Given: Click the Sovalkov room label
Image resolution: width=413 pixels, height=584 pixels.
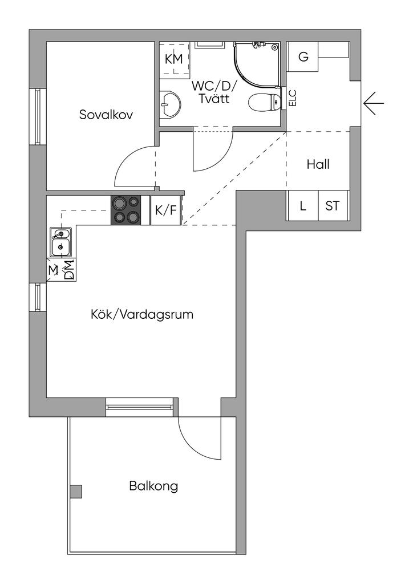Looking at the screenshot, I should tap(106, 115).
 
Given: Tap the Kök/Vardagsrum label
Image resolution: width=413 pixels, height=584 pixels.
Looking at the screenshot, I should tap(143, 314).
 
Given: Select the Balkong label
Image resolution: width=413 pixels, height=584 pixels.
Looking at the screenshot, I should tap(153, 486).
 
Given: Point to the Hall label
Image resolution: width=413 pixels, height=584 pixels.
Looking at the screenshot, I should tap(318, 164).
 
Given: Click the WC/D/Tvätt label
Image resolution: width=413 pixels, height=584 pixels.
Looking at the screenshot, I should tap(214, 92).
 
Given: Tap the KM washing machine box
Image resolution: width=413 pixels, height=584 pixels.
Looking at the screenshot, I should tap(173, 58).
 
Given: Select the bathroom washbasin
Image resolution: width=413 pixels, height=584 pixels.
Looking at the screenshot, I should tap(169, 103).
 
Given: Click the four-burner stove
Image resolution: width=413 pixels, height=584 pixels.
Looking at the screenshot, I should tap(127, 210).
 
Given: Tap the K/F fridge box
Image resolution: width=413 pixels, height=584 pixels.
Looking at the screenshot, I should tap(165, 210).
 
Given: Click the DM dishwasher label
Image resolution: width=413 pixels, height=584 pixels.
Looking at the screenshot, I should tap(69, 270).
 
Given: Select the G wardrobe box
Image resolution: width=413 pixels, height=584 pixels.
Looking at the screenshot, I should tap(303, 56).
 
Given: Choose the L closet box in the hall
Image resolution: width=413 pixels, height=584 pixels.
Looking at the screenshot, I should tap(303, 205).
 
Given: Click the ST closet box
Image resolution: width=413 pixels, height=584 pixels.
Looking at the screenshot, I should tap(332, 205).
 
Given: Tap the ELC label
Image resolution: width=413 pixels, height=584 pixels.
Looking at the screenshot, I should tap(293, 99).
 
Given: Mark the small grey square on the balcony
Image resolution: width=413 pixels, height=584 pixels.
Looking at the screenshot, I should tap(76, 491).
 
